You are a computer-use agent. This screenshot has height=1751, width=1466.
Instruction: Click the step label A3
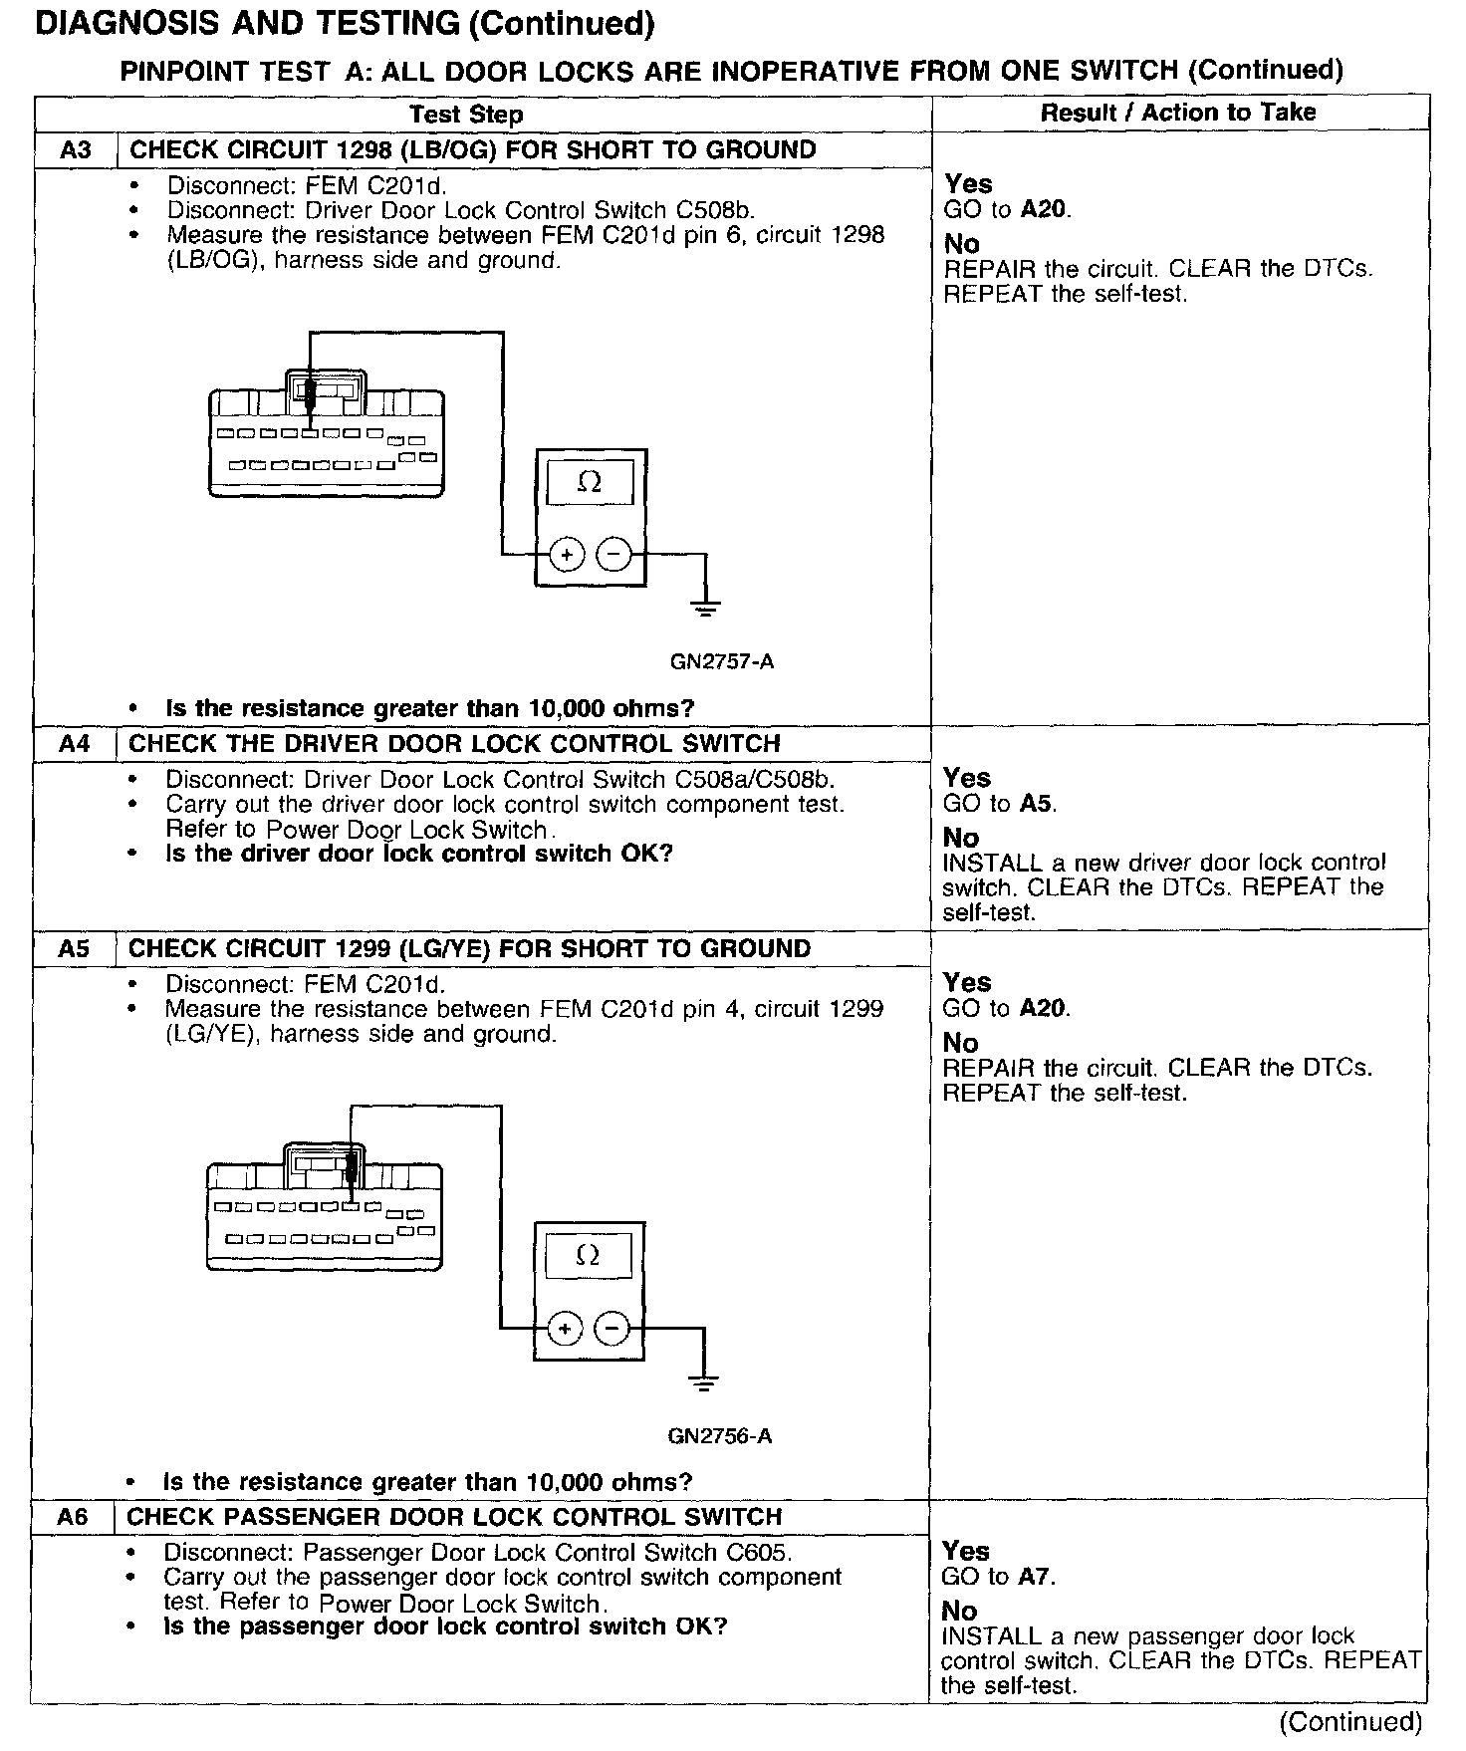[75, 150]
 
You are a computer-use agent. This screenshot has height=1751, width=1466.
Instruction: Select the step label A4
[74, 744]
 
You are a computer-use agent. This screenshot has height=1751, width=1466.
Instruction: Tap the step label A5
[74, 948]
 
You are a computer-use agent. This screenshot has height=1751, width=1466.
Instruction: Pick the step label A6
[73, 1517]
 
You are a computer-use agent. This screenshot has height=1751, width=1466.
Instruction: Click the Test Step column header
[466, 114]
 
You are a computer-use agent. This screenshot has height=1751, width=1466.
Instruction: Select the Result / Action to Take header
[1178, 113]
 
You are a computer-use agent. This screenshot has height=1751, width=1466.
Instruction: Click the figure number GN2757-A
[722, 661]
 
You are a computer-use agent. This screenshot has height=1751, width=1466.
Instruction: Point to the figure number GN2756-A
[720, 1435]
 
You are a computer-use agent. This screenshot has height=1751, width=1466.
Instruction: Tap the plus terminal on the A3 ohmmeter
[567, 555]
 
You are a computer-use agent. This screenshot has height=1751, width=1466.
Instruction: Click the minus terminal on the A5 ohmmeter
[611, 1328]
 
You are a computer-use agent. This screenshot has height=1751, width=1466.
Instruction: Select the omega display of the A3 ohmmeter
[590, 483]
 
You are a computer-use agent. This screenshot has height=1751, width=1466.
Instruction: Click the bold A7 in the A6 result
[1035, 1576]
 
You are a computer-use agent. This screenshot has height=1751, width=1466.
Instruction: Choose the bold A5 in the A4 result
[1036, 803]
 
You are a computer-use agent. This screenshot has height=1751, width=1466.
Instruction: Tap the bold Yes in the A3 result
[968, 183]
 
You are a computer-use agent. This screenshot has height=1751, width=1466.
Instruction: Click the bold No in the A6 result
[960, 1611]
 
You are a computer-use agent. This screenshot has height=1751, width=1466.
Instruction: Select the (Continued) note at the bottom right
[1350, 1721]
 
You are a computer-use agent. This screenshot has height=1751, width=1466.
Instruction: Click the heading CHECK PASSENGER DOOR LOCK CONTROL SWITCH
[454, 1517]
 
